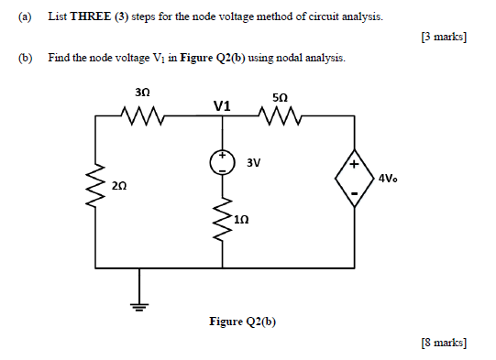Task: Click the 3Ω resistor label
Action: pos(141,93)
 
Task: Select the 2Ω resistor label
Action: pos(119,185)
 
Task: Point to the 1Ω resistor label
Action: pos(240,220)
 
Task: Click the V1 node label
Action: pos(221,106)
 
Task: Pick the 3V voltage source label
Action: pos(254,163)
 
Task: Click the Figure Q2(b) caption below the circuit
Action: pos(242,322)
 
